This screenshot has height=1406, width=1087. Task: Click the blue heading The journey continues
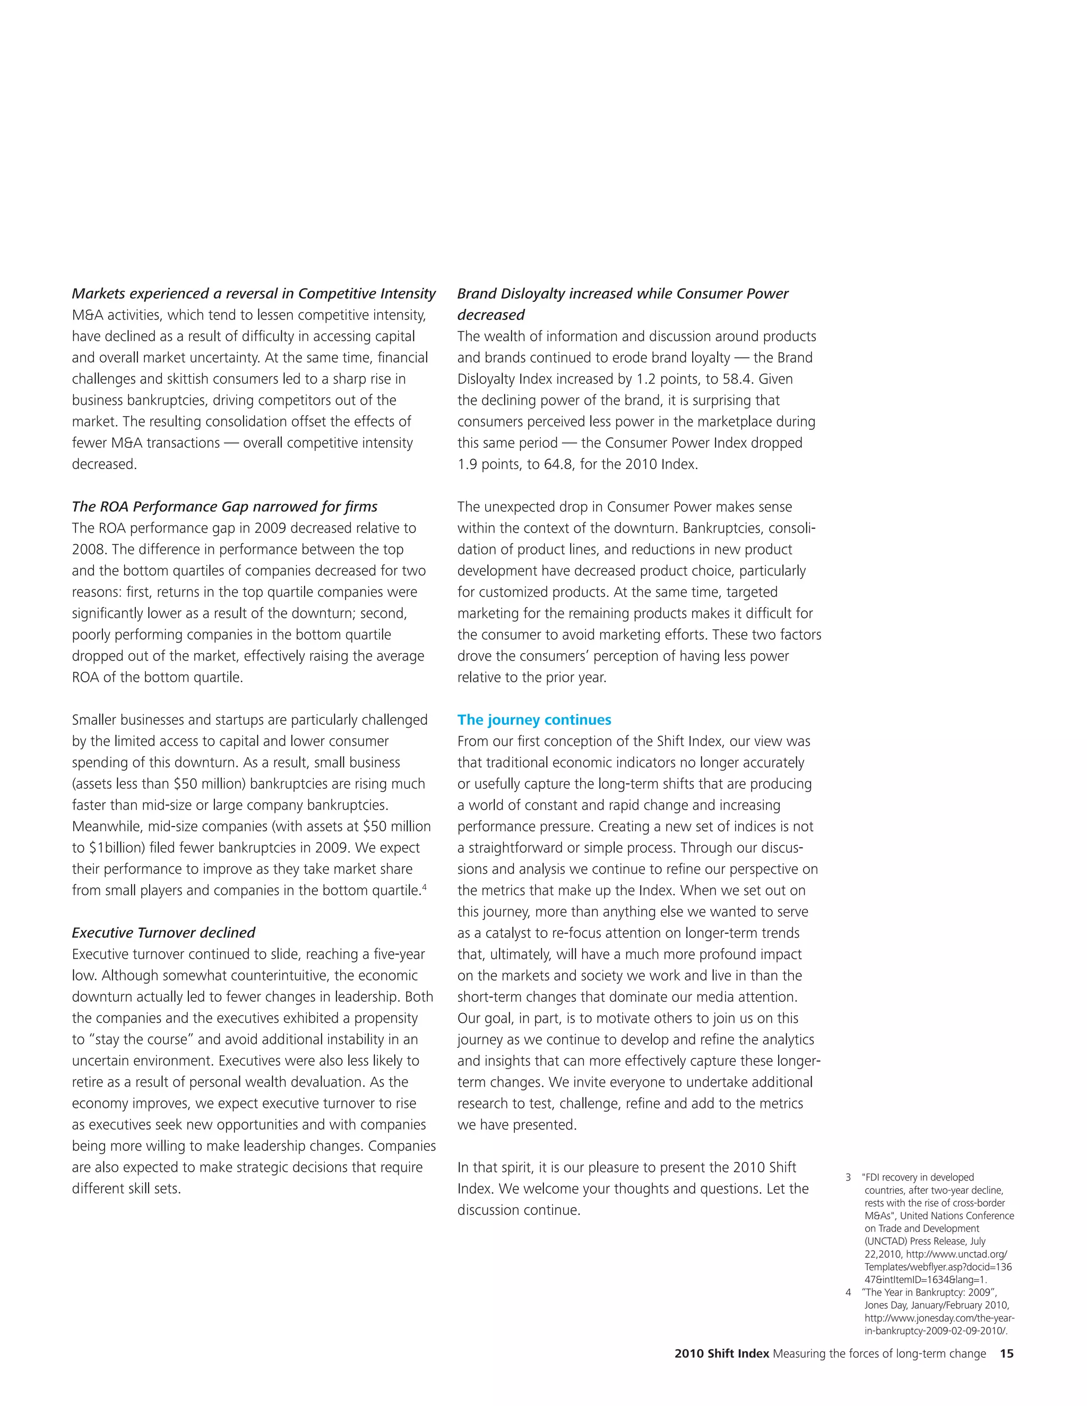click(534, 720)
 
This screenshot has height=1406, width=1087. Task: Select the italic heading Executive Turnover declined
click(163, 933)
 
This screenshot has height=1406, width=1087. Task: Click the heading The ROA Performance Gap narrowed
click(225, 507)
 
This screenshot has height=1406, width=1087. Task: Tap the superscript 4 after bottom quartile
click(425, 887)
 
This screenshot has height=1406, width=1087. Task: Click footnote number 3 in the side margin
click(848, 1177)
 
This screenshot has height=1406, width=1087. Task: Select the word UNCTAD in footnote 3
click(885, 1241)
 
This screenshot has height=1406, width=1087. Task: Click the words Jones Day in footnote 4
click(885, 1305)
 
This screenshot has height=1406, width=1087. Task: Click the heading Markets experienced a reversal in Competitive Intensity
click(254, 293)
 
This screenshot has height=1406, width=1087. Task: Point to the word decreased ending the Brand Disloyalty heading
click(491, 315)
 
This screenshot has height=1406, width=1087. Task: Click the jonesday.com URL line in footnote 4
click(939, 1318)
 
